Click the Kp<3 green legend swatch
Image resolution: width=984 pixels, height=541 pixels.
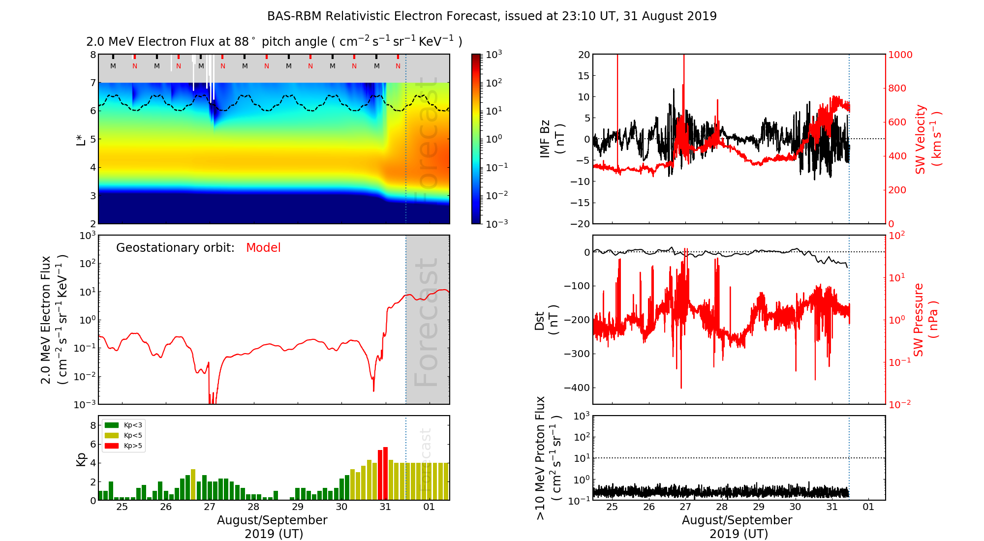click(x=112, y=425)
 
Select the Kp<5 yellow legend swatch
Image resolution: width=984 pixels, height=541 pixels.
click(x=112, y=435)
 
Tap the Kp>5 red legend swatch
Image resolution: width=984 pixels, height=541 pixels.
click(x=112, y=446)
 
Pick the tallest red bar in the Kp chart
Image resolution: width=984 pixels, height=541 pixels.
click(x=385, y=473)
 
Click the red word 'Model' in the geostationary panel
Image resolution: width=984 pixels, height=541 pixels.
click(x=263, y=248)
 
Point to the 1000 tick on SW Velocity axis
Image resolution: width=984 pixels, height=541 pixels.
click(x=900, y=55)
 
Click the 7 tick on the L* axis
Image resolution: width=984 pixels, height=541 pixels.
click(x=92, y=83)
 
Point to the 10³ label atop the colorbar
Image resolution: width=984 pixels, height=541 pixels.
click(x=493, y=54)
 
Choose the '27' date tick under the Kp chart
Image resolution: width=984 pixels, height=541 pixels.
click(x=210, y=507)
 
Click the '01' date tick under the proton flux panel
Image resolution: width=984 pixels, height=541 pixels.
click(x=868, y=507)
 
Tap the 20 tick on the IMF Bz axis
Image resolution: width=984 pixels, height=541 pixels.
click(x=584, y=55)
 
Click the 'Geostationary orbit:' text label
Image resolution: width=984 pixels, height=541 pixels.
click(x=175, y=248)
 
